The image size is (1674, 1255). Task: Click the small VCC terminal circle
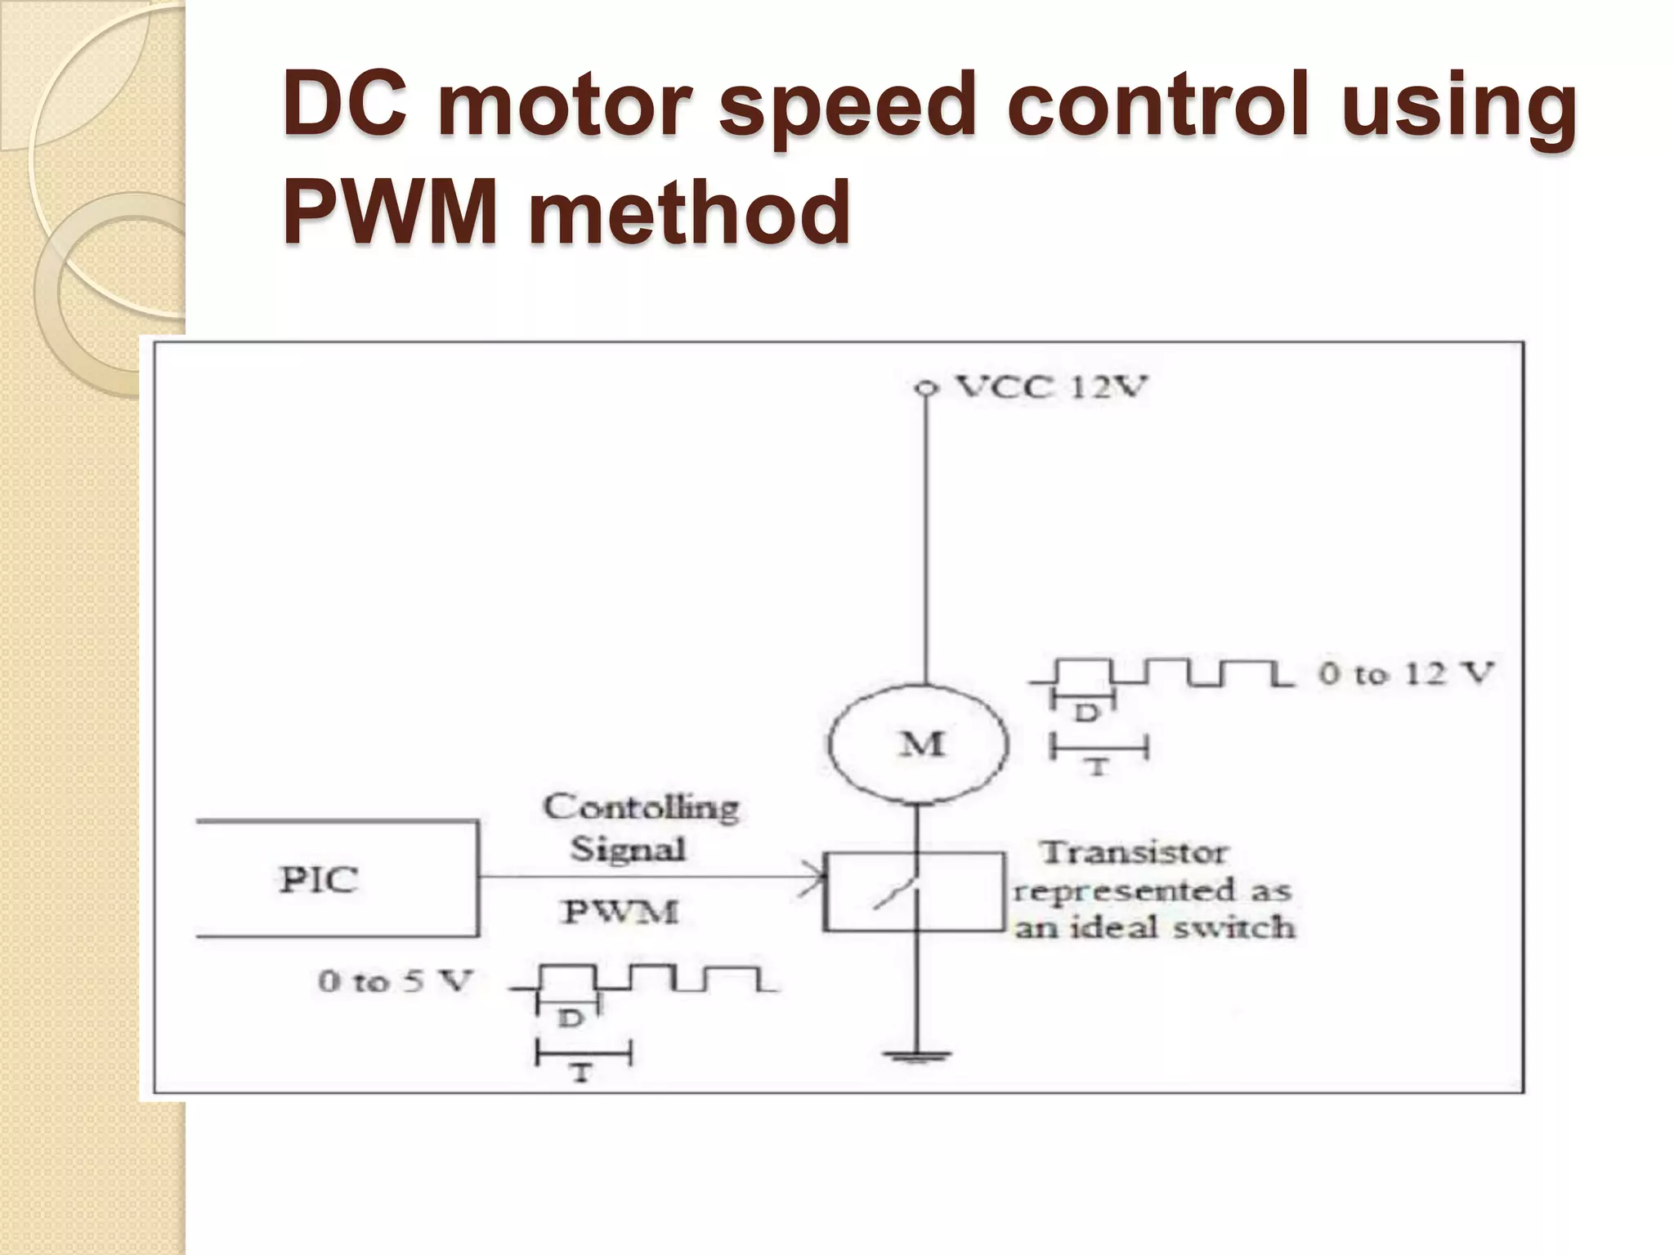(924, 388)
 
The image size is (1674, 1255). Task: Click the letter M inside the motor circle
(921, 744)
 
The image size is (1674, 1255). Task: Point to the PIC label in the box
(319, 880)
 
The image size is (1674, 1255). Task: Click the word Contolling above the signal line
(641, 807)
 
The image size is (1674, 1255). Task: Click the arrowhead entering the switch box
(814, 878)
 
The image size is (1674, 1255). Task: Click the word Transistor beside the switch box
(1133, 853)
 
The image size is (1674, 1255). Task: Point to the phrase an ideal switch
(1154, 928)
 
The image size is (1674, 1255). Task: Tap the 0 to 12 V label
(1406, 673)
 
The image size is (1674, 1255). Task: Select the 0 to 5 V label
(396, 980)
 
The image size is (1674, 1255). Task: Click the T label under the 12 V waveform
(1098, 767)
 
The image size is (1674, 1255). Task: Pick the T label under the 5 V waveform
(581, 1073)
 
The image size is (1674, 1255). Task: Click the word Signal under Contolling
(628, 849)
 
